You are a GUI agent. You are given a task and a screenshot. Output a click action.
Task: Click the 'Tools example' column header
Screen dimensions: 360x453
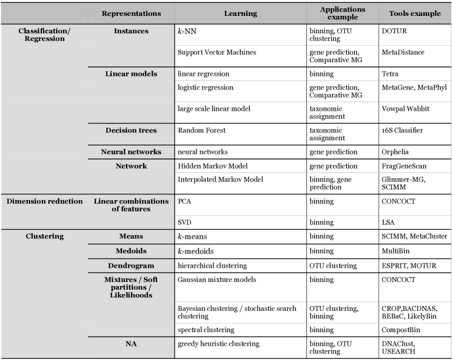[x=415, y=13]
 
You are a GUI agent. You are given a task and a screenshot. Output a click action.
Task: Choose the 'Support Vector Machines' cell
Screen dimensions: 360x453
[x=210, y=52]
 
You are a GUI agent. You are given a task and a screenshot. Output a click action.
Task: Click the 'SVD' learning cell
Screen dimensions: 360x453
[x=185, y=223]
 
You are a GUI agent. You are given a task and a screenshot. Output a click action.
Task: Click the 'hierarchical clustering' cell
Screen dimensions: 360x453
[x=213, y=266]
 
